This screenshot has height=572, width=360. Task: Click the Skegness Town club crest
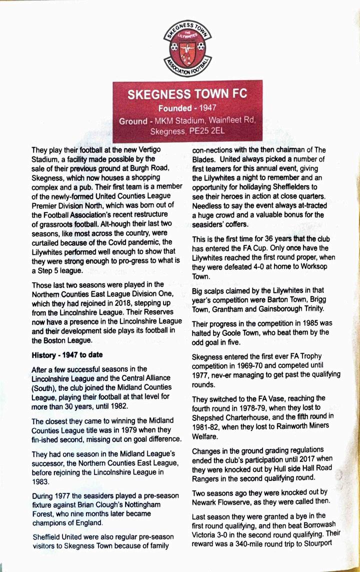(187, 48)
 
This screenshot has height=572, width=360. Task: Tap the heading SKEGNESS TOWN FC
(187, 95)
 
